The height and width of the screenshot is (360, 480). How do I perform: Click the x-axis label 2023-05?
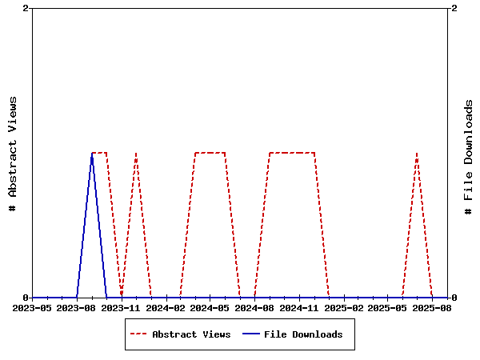33,307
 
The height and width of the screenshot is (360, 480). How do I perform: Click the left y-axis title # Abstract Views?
12,153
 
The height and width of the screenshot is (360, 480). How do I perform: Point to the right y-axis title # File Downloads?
469,157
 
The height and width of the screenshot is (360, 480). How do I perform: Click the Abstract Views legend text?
191,334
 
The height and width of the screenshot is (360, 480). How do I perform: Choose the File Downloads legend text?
303,334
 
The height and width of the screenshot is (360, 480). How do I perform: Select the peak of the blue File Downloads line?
92,153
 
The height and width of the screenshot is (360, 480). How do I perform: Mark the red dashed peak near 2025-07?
417,153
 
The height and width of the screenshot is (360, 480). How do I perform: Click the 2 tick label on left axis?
26,8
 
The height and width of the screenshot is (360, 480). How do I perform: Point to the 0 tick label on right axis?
454,298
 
